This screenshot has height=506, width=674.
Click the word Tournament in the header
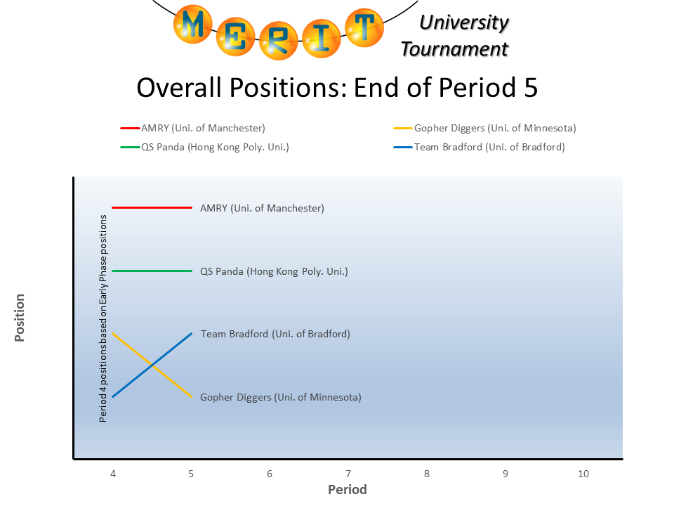click(x=454, y=49)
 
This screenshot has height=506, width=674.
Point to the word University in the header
click(x=463, y=22)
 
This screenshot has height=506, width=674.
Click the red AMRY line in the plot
click(x=152, y=208)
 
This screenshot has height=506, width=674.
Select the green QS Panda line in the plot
click(x=152, y=271)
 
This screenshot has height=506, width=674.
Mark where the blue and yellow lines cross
click(x=152, y=365)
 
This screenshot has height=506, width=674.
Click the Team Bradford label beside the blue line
click(x=275, y=334)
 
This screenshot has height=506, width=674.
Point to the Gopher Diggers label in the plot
click(x=280, y=397)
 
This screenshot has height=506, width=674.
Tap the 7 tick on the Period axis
click(x=348, y=474)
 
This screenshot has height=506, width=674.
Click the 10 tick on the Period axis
click(x=583, y=474)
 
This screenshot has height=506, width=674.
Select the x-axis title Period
click(x=348, y=489)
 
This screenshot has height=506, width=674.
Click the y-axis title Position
click(x=20, y=318)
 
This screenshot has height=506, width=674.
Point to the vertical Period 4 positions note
click(x=103, y=318)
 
